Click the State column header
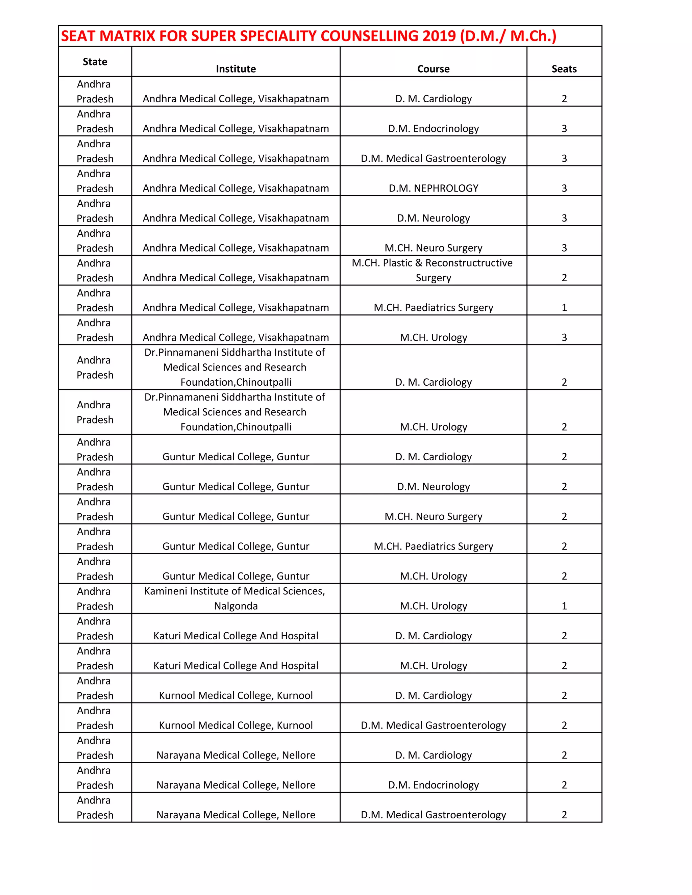coord(95,62)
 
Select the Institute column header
coord(236,69)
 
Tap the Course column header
coord(433,69)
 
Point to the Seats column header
coord(564,69)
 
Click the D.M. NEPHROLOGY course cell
coord(433,188)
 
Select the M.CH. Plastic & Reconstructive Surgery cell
coord(432,270)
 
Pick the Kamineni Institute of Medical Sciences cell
coord(235,598)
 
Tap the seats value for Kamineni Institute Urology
coord(564,606)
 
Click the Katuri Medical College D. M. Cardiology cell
coord(433,636)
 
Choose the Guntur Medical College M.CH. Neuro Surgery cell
coord(433,516)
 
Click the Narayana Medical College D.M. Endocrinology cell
coord(433,785)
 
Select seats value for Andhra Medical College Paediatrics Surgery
coord(564,307)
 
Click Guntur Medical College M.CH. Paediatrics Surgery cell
coord(433,546)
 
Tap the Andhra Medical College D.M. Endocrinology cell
coord(433,129)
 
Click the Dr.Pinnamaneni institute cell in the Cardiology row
coord(235,367)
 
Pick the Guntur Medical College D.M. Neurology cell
coord(433,486)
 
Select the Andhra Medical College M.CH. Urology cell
coord(433,337)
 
